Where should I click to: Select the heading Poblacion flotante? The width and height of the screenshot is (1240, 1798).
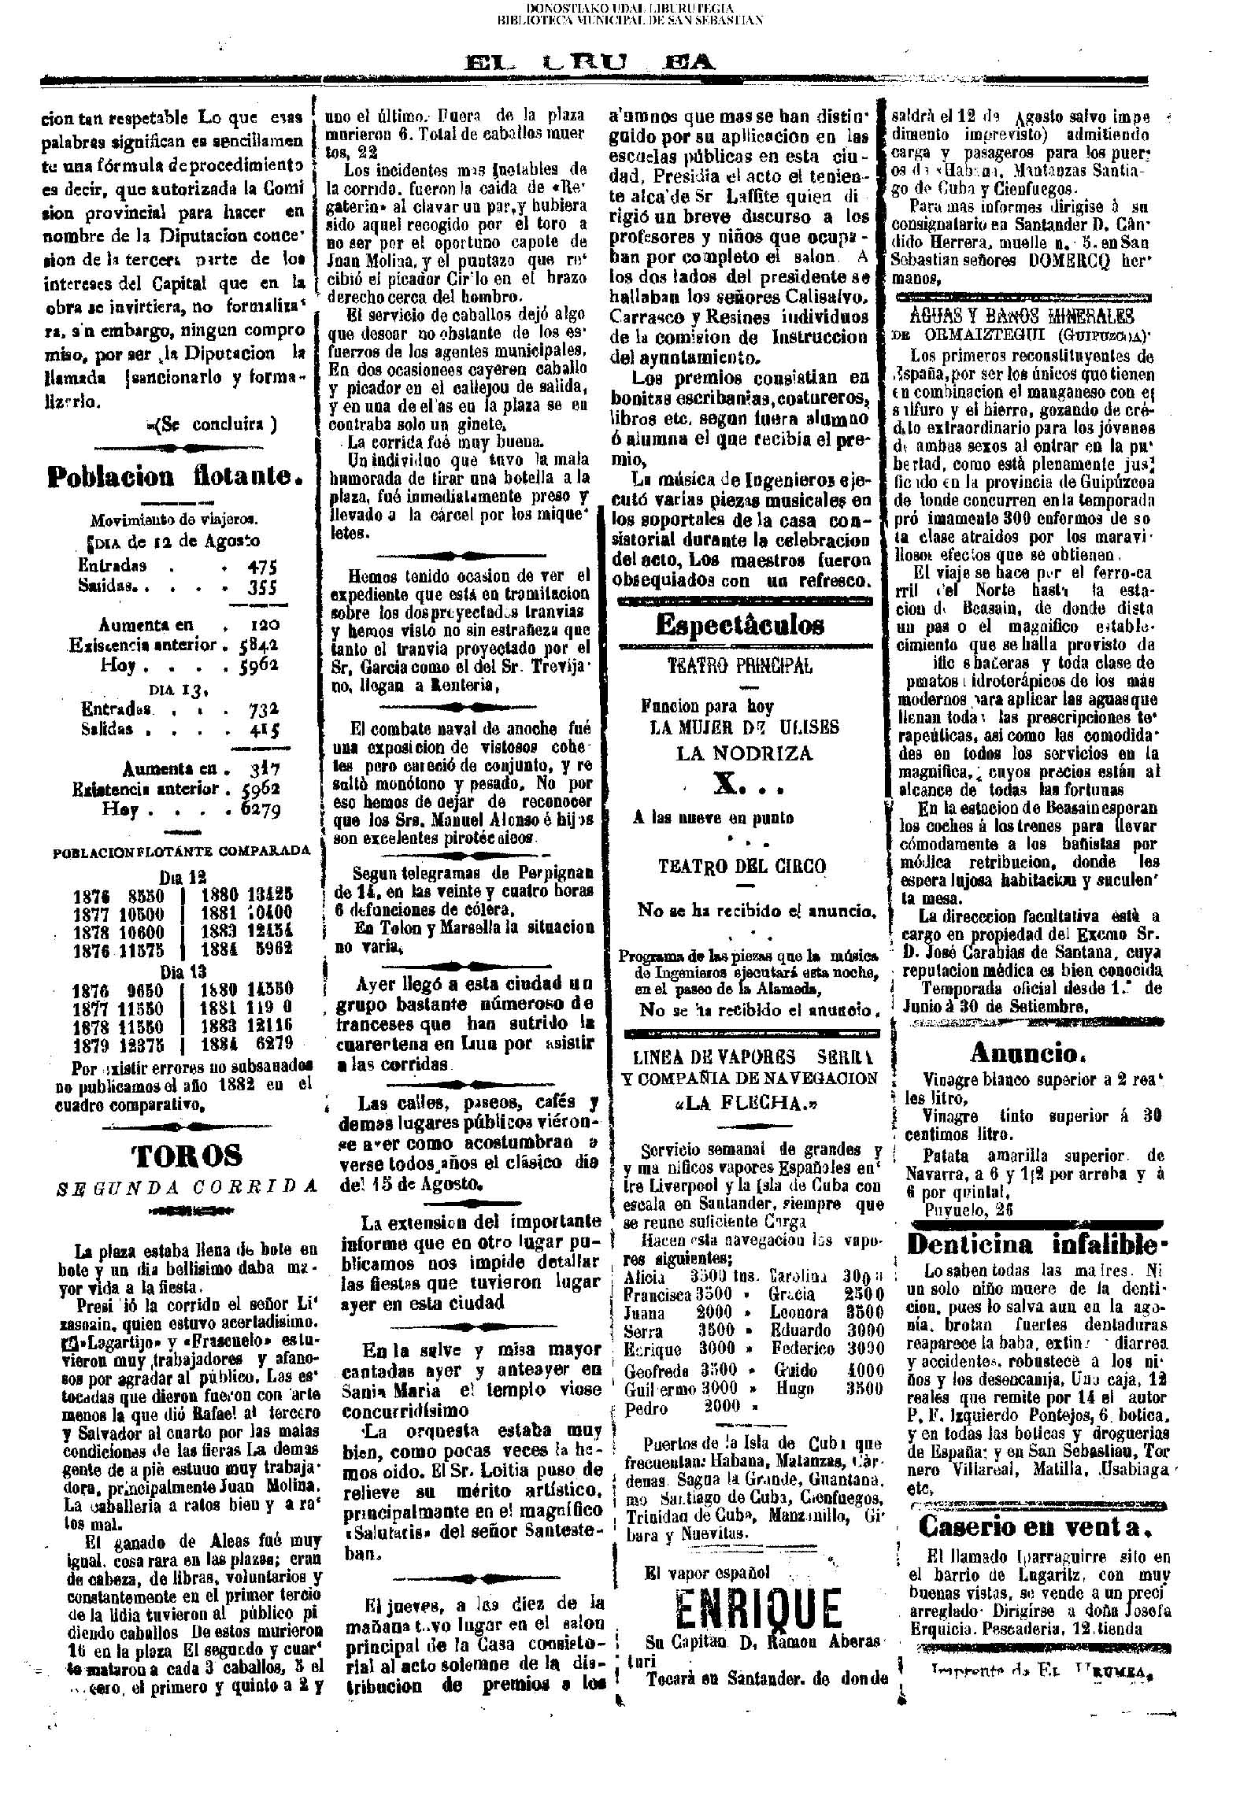tap(176, 476)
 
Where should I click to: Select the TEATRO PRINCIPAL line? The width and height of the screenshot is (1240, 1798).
tap(740, 666)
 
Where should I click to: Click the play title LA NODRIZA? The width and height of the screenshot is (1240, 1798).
tap(744, 753)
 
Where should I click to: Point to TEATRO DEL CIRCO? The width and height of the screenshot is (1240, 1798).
tap(742, 867)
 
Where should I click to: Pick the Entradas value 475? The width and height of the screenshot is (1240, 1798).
tap(263, 566)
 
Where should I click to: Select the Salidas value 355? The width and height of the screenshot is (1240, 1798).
tap(263, 587)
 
